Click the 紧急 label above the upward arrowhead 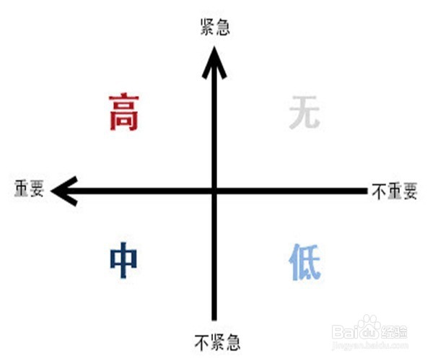click(215, 28)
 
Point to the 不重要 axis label click(395, 191)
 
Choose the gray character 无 click(304, 113)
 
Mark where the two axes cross click(214, 191)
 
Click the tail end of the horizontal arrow click(364, 191)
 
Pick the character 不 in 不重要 click(379, 191)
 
